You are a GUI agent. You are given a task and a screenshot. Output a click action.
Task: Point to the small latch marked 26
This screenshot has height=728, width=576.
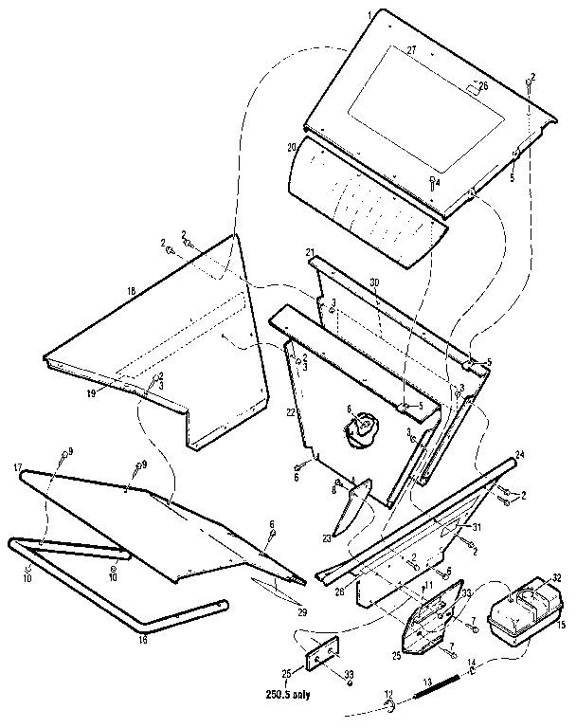click(470, 90)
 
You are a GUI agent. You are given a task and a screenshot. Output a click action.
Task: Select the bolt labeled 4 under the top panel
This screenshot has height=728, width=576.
click(433, 182)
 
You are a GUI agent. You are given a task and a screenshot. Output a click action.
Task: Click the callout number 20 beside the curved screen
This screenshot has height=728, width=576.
click(292, 147)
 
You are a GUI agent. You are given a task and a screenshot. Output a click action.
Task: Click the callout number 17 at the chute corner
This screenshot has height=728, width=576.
click(18, 467)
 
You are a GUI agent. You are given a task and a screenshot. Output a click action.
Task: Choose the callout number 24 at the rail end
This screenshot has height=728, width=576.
click(520, 454)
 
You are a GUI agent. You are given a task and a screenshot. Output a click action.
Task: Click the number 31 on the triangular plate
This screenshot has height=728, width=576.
click(477, 527)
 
